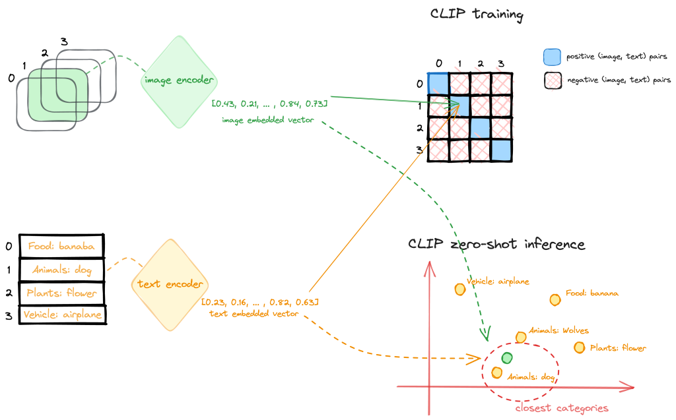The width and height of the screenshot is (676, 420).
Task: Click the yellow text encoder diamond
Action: (x=170, y=284)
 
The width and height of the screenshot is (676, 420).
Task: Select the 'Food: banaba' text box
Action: (x=61, y=246)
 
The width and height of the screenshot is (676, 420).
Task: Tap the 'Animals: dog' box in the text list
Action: (x=61, y=269)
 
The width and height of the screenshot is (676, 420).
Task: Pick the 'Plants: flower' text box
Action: (x=62, y=292)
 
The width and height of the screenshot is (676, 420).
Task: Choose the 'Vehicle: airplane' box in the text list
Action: (x=62, y=315)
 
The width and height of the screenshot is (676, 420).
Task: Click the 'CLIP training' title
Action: (x=467, y=14)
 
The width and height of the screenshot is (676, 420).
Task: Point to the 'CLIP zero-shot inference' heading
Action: (x=496, y=244)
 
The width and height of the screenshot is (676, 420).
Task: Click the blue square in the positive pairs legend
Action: (x=552, y=57)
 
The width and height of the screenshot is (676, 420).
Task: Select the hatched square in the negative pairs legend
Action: (x=552, y=80)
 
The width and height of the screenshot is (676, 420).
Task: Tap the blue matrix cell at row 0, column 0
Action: (x=438, y=83)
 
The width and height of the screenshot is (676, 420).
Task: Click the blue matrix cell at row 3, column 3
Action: (x=502, y=150)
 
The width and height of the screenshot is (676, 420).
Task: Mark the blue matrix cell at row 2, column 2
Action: (x=480, y=127)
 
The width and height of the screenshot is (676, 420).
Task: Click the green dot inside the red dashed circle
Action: (x=506, y=358)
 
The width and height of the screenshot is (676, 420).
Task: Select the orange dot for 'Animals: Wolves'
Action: (x=521, y=338)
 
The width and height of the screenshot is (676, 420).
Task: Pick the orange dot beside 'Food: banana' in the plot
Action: (x=555, y=299)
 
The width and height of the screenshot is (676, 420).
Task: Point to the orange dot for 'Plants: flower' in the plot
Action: (x=579, y=347)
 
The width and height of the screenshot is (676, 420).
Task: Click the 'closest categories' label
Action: (x=561, y=408)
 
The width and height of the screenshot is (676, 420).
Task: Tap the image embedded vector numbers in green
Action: (x=269, y=104)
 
